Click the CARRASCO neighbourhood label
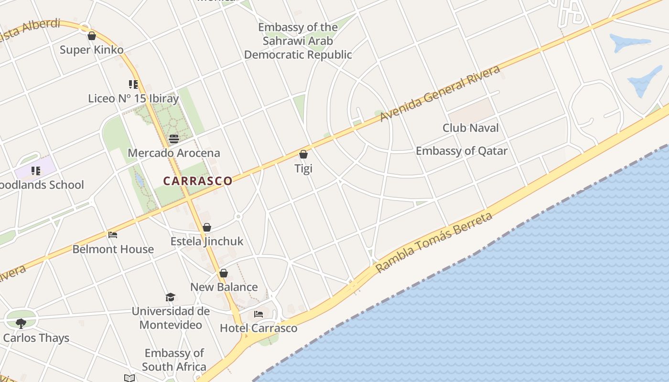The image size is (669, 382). click(198, 181)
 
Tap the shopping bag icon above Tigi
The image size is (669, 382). click(303, 154)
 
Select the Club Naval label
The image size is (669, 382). click(470, 127)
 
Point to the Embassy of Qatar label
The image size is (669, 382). click(461, 151)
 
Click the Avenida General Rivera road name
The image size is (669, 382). click(440, 93)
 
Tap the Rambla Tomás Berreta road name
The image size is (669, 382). click(433, 243)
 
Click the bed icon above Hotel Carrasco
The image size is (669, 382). click(259, 314)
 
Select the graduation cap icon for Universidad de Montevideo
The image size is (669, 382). click(171, 297)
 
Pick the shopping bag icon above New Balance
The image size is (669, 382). click(224, 273)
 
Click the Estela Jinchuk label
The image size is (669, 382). click(207, 241)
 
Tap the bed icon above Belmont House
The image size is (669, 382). click(113, 234)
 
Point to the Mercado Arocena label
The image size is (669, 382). click(174, 153)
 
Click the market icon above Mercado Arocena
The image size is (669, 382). click(174, 139)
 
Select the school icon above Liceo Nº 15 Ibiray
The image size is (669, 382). click(133, 85)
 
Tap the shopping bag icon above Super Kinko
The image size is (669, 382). click(92, 36)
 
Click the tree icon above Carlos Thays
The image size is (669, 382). click(21, 323)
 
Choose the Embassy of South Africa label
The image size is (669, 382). click(174, 360)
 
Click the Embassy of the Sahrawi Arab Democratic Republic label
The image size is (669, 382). click(298, 41)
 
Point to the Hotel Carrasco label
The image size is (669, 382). click(259, 328)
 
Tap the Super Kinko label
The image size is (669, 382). click(92, 50)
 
